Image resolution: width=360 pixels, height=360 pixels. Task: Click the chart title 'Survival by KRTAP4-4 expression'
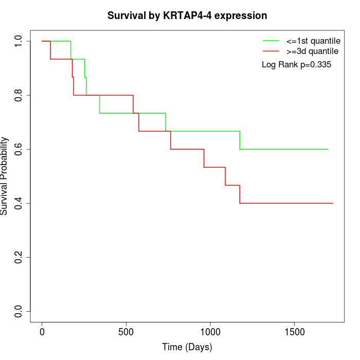[x=187, y=15]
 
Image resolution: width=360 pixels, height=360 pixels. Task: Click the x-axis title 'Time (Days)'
[x=187, y=347]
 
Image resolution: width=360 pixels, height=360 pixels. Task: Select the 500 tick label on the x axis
[x=126, y=332]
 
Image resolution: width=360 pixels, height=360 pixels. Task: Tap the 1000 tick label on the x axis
[x=210, y=332]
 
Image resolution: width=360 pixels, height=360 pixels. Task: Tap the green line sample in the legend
[x=271, y=41]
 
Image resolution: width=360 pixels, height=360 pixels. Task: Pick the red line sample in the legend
[x=271, y=51]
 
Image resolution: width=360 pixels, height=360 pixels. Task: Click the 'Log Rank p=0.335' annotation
[x=296, y=65]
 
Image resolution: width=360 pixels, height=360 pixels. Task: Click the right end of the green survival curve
[x=328, y=149]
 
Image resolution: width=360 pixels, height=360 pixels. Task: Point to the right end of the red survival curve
[x=333, y=203]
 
